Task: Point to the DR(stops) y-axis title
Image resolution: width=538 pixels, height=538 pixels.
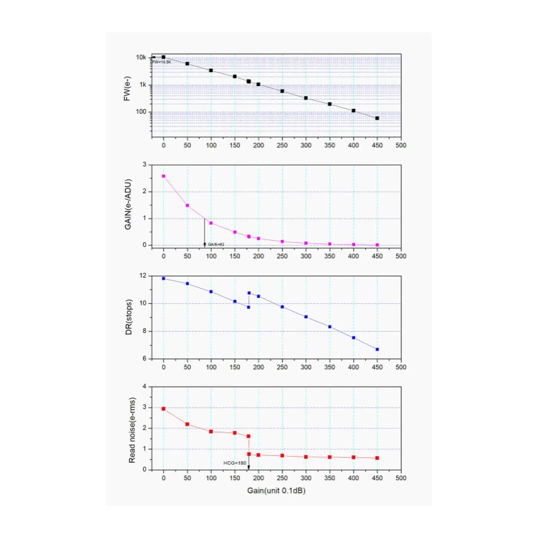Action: coord(126,317)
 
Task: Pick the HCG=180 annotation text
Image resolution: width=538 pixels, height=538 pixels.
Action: coord(234,463)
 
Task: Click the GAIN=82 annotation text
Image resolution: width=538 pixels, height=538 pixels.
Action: coord(216,244)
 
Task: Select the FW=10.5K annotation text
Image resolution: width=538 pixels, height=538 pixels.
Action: coord(161,62)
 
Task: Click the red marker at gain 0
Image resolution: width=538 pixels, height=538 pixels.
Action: coord(163,408)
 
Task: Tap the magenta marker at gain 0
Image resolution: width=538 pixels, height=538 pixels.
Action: coord(163,176)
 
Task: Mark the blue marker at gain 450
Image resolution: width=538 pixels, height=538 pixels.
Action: coord(377,349)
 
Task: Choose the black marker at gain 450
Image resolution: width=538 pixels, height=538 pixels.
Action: coord(377,118)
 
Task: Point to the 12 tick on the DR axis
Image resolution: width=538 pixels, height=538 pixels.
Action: coord(143,276)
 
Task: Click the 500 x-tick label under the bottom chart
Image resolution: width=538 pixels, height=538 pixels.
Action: coord(401,478)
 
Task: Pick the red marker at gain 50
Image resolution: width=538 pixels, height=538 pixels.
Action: coord(187,424)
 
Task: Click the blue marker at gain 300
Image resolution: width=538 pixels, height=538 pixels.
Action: coord(306,317)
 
